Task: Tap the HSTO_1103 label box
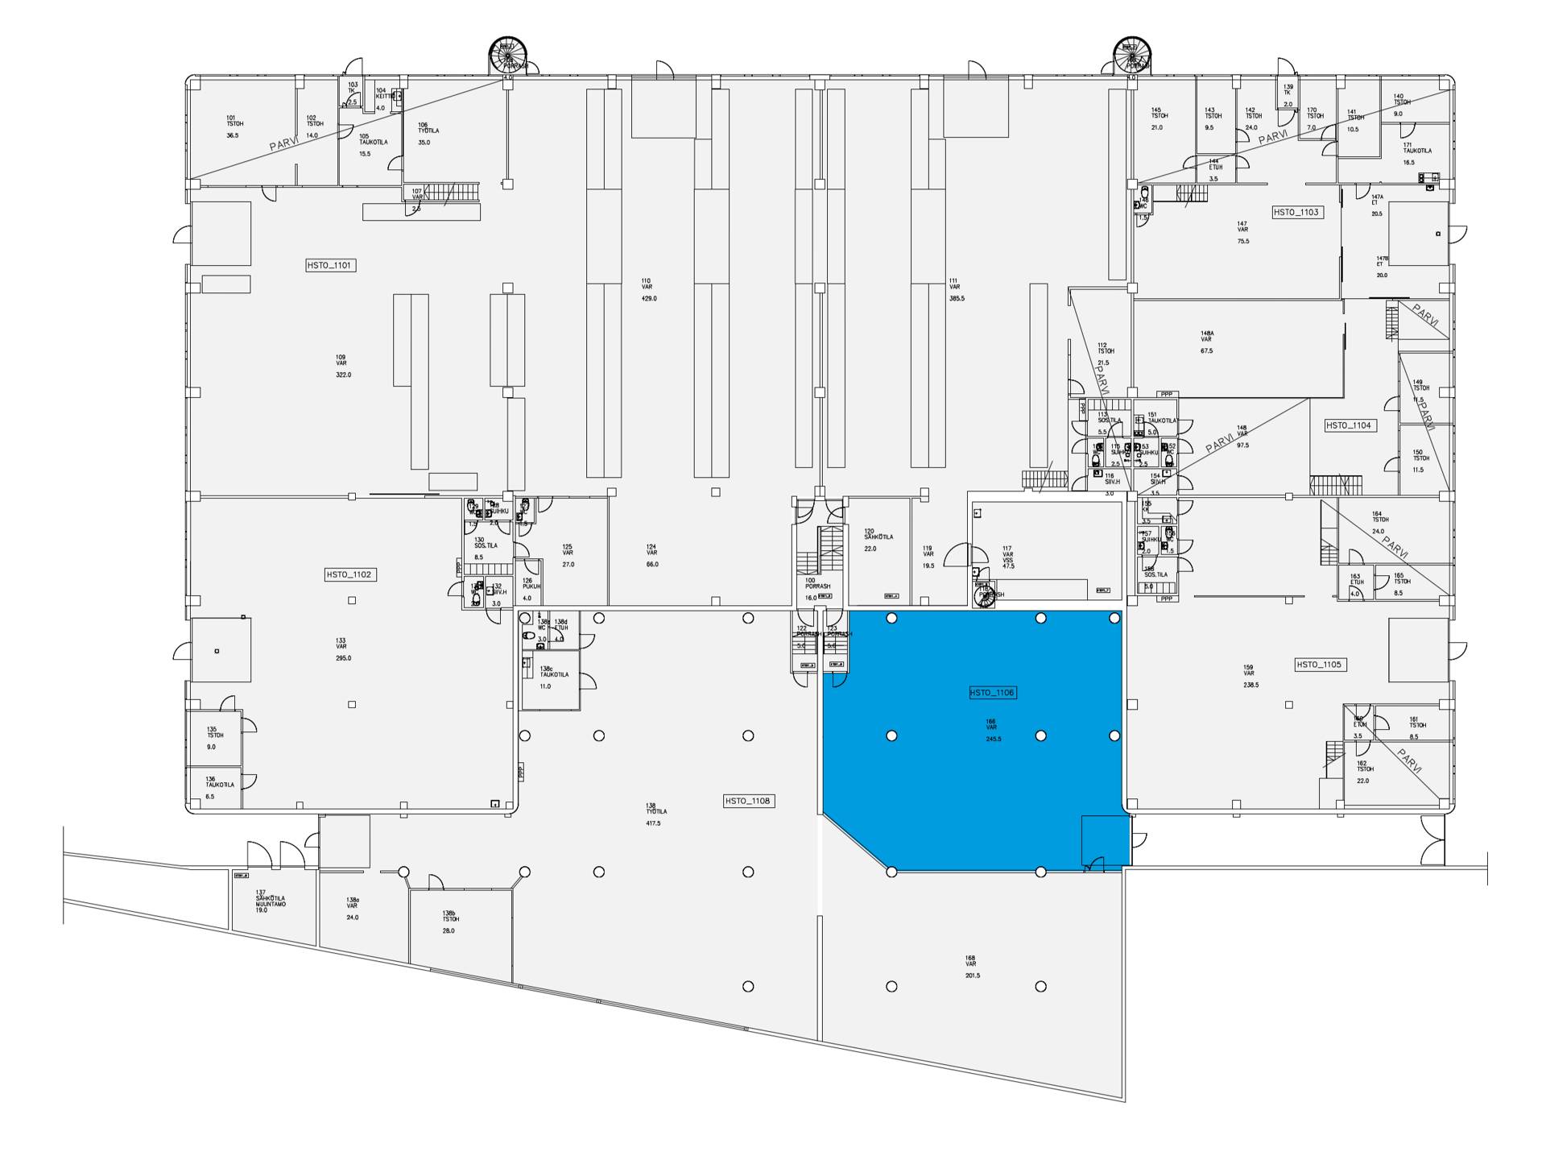point(1296,212)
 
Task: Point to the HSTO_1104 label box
point(1349,425)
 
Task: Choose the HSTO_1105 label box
point(1319,665)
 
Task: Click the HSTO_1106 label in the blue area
point(993,693)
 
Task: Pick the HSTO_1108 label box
point(748,801)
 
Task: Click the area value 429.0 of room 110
point(649,298)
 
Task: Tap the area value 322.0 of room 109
point(343,375)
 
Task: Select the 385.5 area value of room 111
point(957,298)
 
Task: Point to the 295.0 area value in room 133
point(343,658)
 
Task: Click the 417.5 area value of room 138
point(653,823)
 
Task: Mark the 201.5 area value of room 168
point(973,976)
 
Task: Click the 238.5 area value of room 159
point(1251,685)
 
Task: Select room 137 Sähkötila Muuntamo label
point(271,901)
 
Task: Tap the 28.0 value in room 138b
point(449,930)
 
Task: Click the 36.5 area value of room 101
point(233,135)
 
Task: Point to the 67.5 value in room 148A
point(1206,350)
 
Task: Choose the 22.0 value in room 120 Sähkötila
point(870,549)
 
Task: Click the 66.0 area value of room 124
point(652,564)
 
